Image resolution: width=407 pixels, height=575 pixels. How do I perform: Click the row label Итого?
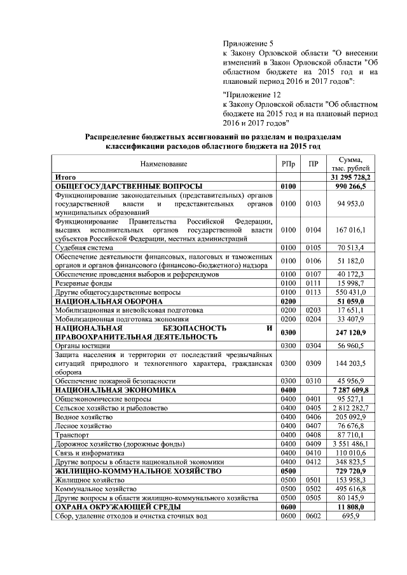[x=66, y=176]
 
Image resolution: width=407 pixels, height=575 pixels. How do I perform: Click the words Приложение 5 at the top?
[x=248, y=43]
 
